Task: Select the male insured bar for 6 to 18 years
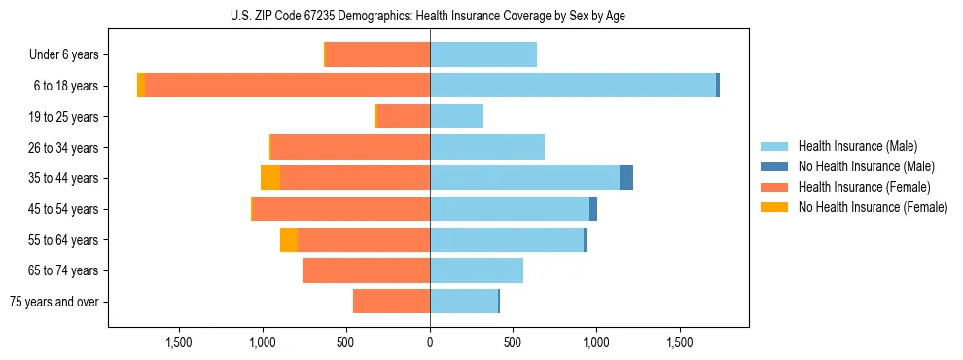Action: pos(573,86)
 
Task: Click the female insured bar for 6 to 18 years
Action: pos(287,86)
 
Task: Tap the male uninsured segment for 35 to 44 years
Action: pos(626,178)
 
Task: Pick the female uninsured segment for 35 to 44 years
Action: pos(270,178)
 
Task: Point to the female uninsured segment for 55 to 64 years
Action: pos(289,239)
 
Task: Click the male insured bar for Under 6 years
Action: pos(483,55)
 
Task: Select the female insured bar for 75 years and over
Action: pos(391,302)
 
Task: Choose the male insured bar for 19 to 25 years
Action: pos(456,117)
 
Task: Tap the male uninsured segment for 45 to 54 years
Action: pos(593,209)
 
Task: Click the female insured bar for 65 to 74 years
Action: pos(366,270)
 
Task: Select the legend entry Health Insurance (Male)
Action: pos(857,146)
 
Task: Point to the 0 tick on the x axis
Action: pos(430,342)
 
